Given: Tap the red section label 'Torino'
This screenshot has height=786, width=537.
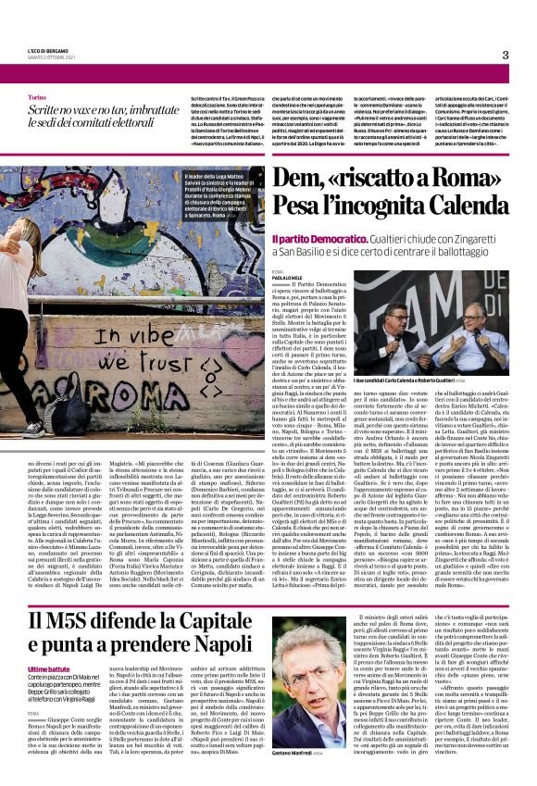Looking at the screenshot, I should click(37, 96).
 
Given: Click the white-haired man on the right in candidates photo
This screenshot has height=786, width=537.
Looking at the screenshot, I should click(481, 315).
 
